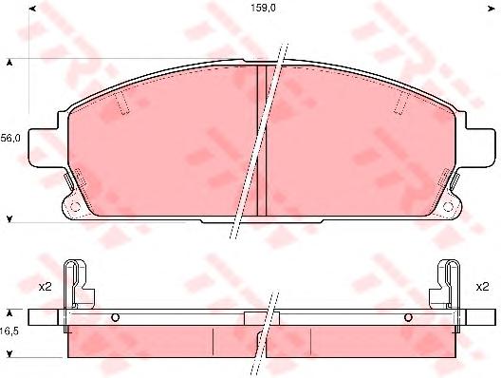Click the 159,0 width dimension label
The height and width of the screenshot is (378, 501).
(x=263, y=9)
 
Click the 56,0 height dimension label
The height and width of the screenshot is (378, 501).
(x=10, y=139)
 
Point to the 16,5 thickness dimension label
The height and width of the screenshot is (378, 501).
(x=9, y=331)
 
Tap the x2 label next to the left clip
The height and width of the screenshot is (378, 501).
(x=45, y=287)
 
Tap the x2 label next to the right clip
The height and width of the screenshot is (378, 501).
(x=482, y=287)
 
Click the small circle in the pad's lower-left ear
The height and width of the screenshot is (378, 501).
(x=75, y=207)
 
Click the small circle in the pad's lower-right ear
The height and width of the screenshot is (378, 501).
(x=449, y=207)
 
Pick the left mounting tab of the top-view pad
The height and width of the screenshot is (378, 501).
(x=43, y=147)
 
